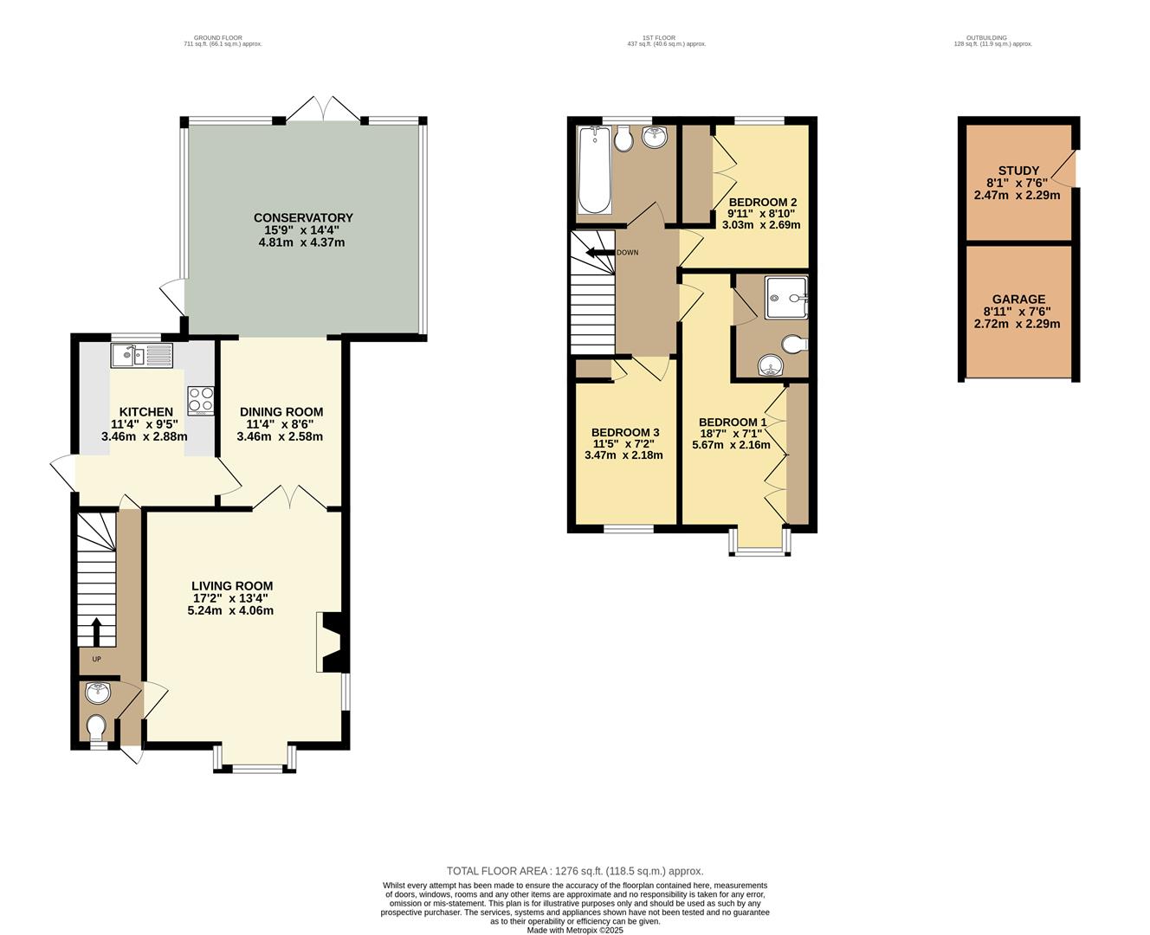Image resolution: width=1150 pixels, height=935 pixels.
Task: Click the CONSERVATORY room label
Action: tap(303, 217)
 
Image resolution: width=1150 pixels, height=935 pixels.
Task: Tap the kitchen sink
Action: tap(141, 355)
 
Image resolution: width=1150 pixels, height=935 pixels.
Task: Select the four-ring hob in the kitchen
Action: tap(201, 401)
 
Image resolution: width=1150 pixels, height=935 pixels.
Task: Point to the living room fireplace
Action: tap(333, 642)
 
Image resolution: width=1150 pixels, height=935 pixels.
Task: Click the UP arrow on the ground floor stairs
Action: tap(97, 632)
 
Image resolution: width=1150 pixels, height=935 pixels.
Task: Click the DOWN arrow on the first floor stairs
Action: tap(600, 252)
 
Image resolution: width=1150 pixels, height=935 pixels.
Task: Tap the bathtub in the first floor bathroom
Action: tap(594, 170)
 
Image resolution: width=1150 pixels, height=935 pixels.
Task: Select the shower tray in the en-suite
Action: tap(786, 298)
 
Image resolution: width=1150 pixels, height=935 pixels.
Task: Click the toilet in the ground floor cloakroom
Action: tap(97, 728)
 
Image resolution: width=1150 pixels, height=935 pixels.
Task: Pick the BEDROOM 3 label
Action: tap(624, 432)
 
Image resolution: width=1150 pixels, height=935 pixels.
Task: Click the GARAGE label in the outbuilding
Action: tap(1018, 299)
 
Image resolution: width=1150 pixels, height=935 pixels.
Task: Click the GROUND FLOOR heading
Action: tap(218, 38)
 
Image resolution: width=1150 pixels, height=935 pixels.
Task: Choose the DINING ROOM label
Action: tap(281, 412)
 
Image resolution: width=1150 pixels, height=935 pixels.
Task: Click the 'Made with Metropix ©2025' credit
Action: tap(575, 930)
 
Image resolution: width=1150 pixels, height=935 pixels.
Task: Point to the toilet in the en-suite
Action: tap(795, 344)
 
